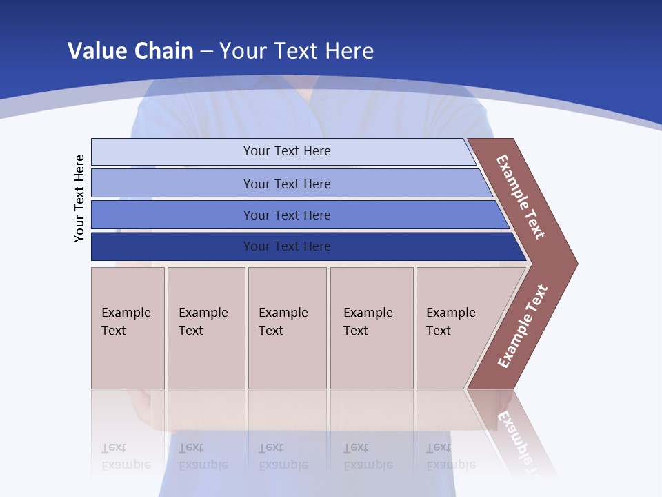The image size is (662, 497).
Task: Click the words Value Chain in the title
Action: click(x=130, y=50)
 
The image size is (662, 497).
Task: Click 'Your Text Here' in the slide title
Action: click(x=297, y=50)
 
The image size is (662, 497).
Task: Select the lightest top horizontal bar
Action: click(x=172, y=152)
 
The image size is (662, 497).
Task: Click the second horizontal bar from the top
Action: click(x=172, y=184)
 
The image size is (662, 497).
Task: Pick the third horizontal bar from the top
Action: click(x=172, y=215)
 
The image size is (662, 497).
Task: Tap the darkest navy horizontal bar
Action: click(x=172, y=246)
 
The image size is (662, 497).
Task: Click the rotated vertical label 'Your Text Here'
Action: click(x=79, y=198)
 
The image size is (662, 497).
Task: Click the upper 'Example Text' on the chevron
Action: click(x=521, y=197)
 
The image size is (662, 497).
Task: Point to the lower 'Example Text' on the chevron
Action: click(x=523, y=326)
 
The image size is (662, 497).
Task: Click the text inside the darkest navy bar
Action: click(x=287, y=246)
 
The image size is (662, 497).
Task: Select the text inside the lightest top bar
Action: click(x=287, y=151)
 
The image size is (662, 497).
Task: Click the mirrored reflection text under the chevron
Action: click(x=517, y=435)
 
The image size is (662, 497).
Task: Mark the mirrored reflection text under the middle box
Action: click(x=283, y=457)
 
